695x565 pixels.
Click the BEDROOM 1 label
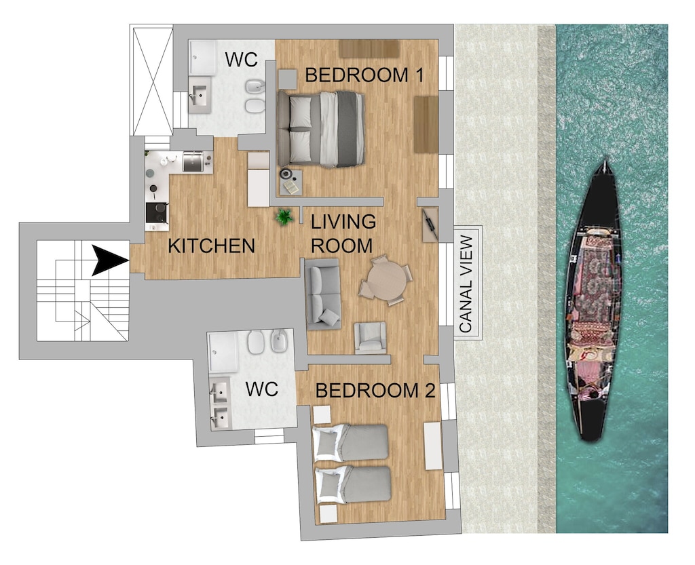364,75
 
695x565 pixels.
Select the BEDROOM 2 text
375,391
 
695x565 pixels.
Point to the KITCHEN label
211,246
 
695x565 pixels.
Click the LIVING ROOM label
343,233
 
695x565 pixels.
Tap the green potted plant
284,217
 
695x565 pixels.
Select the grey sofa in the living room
323,294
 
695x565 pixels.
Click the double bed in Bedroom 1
321,129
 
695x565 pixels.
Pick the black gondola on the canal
593,302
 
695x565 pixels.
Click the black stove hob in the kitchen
157,212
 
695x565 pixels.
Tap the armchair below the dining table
370,338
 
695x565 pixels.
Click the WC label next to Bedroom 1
241,60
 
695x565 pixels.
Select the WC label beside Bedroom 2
262,389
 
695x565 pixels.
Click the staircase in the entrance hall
81,292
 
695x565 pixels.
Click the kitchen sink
193,161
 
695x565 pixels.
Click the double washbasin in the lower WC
220,405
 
